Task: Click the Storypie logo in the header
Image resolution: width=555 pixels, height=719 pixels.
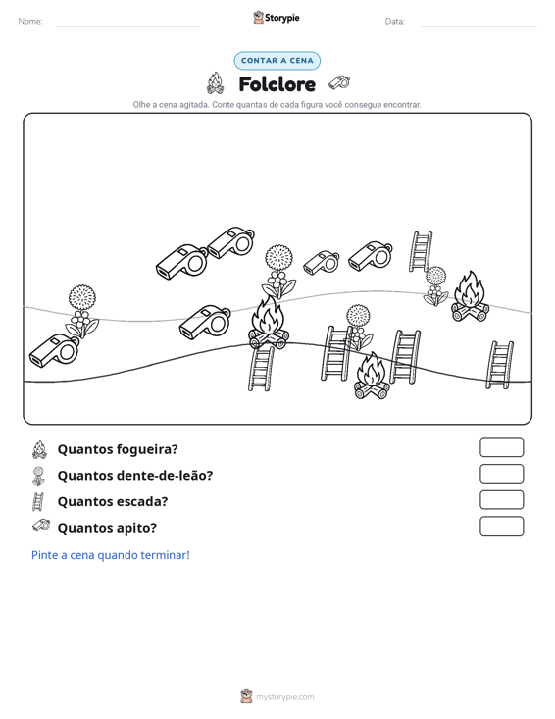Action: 277,18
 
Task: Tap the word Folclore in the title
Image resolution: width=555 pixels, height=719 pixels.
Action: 277,84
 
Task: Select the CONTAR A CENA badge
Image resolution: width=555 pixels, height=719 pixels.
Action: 277,61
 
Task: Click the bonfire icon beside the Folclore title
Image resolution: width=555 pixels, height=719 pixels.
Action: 216,83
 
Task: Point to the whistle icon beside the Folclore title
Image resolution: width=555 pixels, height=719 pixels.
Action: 339,82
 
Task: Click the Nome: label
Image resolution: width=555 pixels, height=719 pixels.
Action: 30,22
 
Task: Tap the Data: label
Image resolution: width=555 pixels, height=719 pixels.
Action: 394,22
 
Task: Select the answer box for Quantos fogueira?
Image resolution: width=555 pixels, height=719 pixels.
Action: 502,447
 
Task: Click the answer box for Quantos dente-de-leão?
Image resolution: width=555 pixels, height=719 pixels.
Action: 502,474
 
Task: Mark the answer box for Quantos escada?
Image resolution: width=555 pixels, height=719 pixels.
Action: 502,500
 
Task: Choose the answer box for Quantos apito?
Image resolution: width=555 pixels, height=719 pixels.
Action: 502,526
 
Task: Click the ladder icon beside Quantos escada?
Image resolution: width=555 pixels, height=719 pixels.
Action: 38,501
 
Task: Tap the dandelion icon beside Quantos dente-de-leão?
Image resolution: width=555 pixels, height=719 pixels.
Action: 38,476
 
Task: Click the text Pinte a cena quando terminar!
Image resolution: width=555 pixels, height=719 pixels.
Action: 111,555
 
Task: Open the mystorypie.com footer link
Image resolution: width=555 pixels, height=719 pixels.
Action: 285,697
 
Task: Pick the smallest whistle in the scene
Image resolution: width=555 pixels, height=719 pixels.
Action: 322,262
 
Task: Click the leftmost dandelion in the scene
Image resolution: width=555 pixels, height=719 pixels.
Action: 82,311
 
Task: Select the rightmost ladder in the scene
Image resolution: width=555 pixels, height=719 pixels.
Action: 499,365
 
